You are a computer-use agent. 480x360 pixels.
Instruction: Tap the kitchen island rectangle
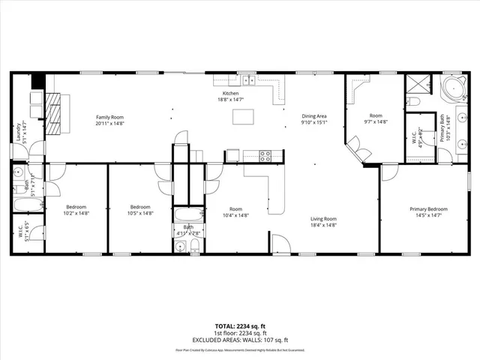243,116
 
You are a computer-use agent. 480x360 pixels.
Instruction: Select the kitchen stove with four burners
265,156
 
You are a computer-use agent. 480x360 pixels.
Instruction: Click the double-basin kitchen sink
248,80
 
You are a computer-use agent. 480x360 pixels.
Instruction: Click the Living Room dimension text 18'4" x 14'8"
324,225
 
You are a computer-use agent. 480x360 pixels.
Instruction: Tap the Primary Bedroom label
428,208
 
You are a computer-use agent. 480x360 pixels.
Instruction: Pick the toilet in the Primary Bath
414,101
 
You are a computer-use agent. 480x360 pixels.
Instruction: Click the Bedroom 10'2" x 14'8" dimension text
76,213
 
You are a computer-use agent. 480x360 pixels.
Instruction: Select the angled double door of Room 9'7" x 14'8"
359,151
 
